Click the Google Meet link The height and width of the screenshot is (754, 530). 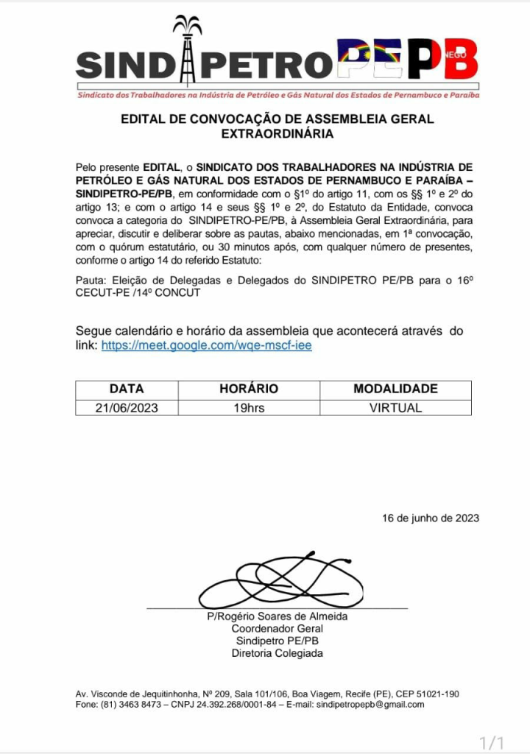(206, 345)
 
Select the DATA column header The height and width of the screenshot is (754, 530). (127, 389)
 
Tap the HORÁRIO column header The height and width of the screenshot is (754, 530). (249, 389)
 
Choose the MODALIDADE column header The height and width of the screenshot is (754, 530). (395, 389)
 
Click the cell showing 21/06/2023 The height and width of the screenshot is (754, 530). (127, 407)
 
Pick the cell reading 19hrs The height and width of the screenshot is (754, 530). (249, 407)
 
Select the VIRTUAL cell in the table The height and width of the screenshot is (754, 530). (395, 407)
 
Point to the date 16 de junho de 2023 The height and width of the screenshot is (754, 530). (431, 518)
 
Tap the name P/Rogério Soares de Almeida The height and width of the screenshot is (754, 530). (277, 616)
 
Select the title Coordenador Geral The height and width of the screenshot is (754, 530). (277, 629)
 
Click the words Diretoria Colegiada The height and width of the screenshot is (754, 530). (277, 653)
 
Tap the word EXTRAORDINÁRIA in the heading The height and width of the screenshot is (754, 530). (277, 134)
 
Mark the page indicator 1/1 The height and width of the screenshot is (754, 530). (492, 741)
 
